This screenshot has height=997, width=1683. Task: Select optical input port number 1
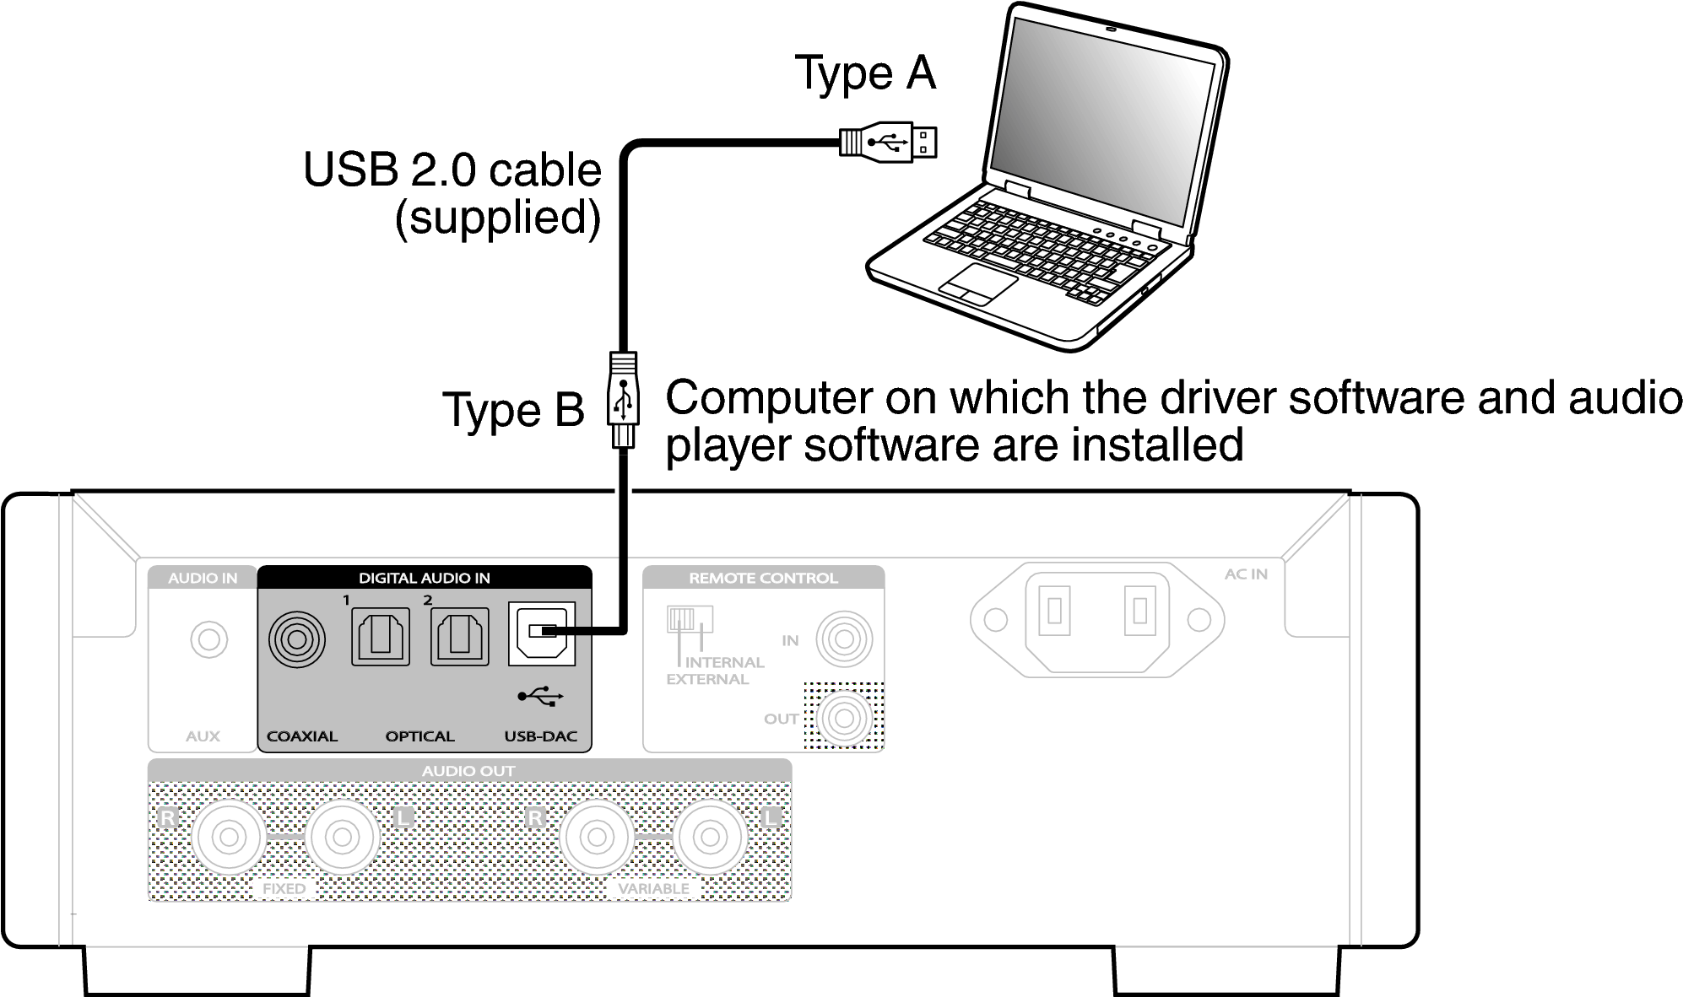click(x=380, y=637)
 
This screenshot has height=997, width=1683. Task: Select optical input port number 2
click(x=460, y=637)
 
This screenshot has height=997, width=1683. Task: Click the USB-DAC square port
click(x=541, y=633)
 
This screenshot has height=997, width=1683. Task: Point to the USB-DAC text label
click(x=540, y=736)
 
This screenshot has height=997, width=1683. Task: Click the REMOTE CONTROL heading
click(x=763, y=578)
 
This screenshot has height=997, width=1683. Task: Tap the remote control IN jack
click(x=843, y=639)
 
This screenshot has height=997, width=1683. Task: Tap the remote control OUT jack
click(x=843, y=719)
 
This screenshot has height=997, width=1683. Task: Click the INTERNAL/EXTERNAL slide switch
click(x=690, y=619)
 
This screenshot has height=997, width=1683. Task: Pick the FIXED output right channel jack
click(x=229, y=838)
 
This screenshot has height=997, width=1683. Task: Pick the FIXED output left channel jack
click(x=342, y=838)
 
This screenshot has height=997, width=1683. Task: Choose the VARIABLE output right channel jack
click(x=597, y=838)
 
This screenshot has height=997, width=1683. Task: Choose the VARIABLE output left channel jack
click(x=710, y=838)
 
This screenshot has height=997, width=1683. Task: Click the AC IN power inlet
click(x=1096, y=620)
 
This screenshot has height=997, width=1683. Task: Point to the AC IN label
click(x=1246, y=574)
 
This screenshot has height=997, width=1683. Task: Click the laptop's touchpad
click(x=979, y=283)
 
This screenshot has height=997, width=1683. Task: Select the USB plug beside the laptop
click(x=888, y=142)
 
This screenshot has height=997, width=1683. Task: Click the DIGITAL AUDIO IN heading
click(x=424, y=578)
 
